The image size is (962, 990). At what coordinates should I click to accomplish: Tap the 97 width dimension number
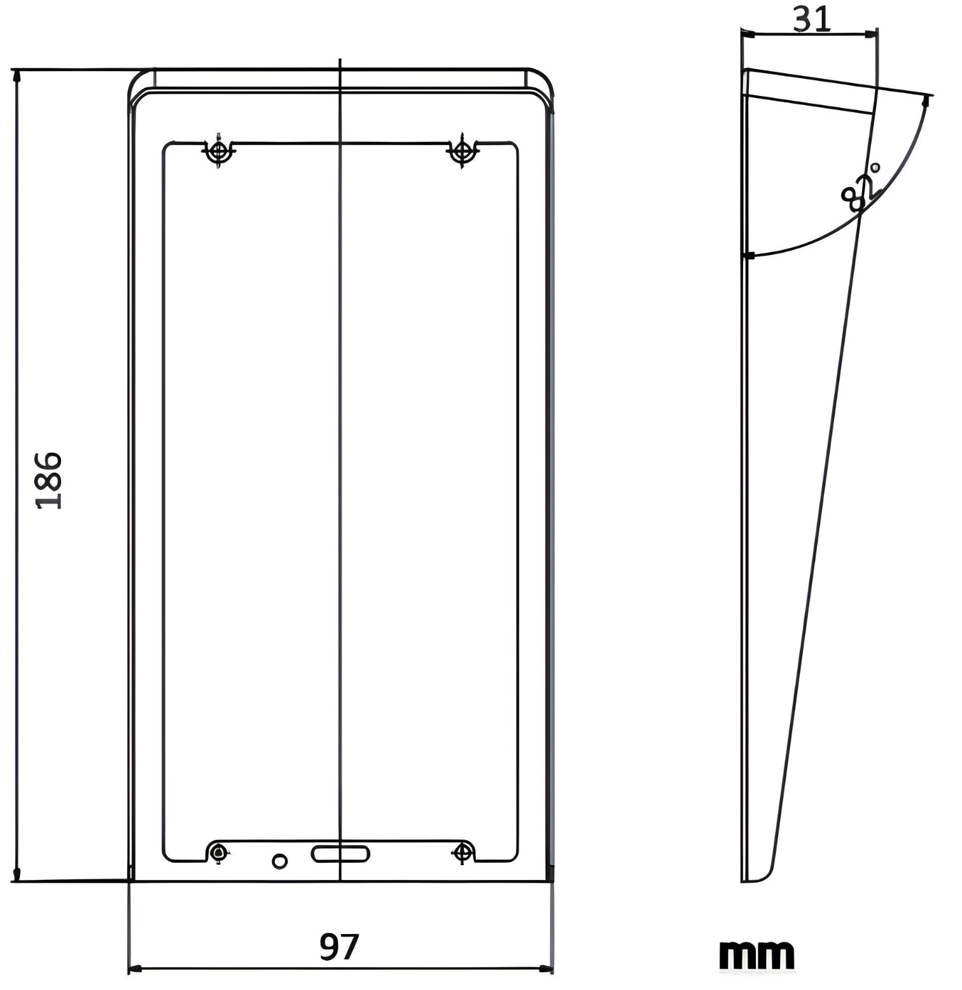[339, 947]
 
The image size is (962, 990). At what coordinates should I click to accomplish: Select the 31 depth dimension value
[812, 19]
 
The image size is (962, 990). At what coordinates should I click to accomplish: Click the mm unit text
[756, 955]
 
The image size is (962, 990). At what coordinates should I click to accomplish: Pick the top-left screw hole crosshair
[218, 151]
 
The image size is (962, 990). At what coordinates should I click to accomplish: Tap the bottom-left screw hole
[219, 852]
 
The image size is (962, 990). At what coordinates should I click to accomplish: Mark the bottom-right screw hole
[463, 852]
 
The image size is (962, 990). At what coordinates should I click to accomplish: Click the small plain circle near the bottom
[279, 861]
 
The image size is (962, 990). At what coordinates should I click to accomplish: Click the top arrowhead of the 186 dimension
[17, 76]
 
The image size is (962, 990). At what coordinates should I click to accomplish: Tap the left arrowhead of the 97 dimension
[135, 968]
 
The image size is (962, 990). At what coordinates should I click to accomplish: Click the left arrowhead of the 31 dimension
[748, 34]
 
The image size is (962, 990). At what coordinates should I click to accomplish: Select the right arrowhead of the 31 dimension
[871, 34]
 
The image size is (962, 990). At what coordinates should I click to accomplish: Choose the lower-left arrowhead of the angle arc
[749, 256]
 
